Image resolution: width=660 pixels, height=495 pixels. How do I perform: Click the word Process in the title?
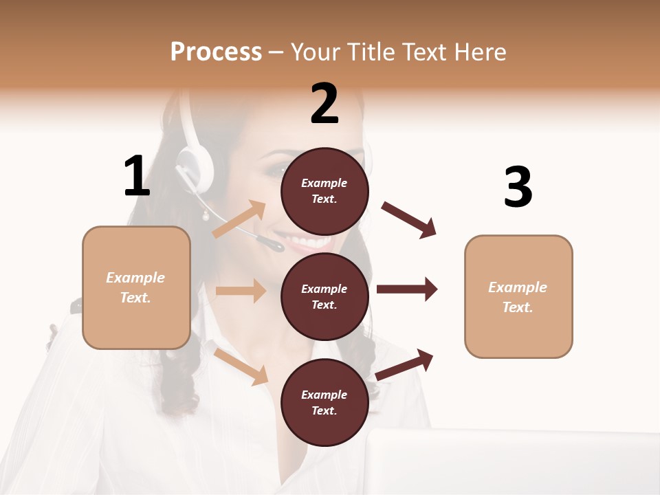pos(216,52)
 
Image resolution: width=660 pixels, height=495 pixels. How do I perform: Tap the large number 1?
pos(137,176)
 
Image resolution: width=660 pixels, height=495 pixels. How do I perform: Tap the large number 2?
pos(324,104)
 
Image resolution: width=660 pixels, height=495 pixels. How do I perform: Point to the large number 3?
pos(518,187)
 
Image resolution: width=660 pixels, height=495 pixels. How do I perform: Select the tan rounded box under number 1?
pos(136,287)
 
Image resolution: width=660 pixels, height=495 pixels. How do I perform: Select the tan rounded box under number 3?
pos(518,296)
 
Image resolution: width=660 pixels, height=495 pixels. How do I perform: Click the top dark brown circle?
pos(324,191)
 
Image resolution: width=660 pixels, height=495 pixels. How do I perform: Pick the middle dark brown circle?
pos(324,296)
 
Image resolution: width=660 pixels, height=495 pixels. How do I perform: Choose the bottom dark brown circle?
pos(324,402)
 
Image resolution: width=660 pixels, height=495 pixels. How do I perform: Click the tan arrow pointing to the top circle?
pos(240,219)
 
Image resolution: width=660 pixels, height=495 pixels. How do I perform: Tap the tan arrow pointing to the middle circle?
pos(241,291)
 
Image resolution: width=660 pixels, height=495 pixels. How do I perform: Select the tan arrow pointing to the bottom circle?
pos(241,366)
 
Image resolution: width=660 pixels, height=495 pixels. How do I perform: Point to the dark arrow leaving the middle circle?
pos(407,289)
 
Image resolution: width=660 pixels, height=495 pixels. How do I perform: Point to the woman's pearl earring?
pos(205,217)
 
